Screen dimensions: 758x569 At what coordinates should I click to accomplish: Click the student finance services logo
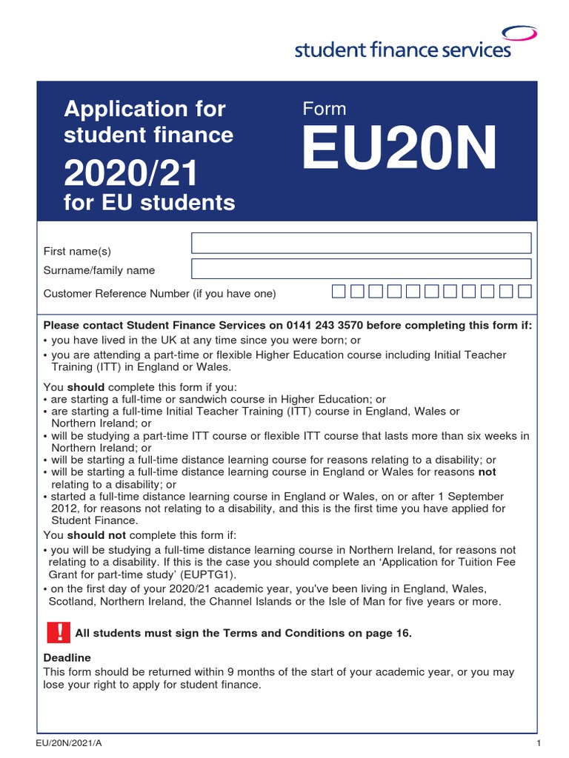point(402,50)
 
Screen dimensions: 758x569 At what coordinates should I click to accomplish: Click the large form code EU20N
point(400,150)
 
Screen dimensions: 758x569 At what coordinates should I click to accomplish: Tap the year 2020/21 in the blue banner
point(131,174)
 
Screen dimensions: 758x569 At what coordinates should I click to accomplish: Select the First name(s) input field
point(361,243)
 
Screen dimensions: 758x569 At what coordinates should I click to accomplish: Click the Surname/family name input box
point(361,269)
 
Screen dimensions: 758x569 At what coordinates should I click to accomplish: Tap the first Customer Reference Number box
point(339,292)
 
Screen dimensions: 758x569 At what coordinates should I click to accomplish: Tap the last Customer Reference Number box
point(525,292)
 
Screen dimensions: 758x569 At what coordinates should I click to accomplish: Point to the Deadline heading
point(67,657)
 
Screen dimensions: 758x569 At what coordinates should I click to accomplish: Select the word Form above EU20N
point(325,109)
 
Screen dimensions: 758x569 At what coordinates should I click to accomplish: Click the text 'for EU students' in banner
point(150,202)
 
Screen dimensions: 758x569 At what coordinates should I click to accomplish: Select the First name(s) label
point(77,252)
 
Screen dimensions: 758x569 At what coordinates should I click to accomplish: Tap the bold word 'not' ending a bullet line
point(487,472)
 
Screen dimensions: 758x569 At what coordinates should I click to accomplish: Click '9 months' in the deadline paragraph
point(227,672)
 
